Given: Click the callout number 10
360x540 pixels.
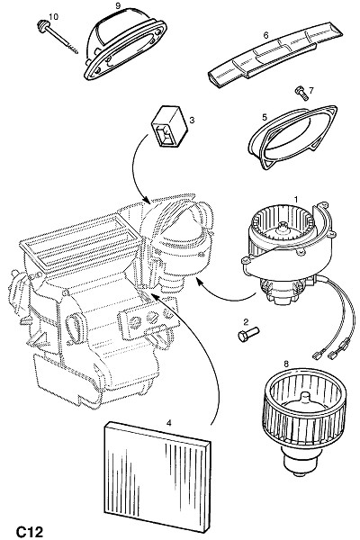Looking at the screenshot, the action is [x=53, y=16].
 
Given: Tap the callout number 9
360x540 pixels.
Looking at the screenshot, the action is [x=118, y=5].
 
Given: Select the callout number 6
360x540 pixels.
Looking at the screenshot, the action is [x=265, y=35].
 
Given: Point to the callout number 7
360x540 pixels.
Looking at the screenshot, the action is [x=311, y=90].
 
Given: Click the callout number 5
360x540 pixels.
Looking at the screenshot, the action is [x=265, y=117].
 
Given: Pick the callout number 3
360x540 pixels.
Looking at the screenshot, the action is [x=192, y=120].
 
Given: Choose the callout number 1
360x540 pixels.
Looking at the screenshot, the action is [x=295, y=199].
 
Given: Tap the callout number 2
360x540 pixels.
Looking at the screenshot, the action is [x=246, y=322].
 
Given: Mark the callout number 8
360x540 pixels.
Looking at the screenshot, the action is [x=286, y=364].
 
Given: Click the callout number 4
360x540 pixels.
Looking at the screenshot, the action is [x=169, y=423].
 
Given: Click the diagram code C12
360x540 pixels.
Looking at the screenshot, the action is [x=30, y=532].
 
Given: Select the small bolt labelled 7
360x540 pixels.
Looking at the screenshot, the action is [x=301, y=93].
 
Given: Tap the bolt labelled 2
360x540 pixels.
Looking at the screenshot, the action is [x=248, y=334].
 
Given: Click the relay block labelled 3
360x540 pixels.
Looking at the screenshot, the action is [x=169, y=126].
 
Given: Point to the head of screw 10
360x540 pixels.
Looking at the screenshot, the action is [x=42, y=26].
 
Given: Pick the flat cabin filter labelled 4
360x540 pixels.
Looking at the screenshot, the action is [x=157, y=476].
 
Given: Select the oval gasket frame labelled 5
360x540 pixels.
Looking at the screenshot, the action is [x=292, y=137].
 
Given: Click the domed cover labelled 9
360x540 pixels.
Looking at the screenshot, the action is [x=125, y=44].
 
